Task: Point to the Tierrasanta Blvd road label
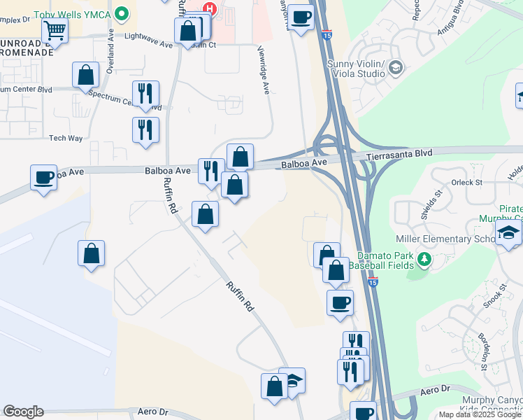tap(400, 153)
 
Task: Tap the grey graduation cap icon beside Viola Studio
tap(396, 67)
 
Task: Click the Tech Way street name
tap(66, 138)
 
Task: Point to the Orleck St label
tap(467, 183)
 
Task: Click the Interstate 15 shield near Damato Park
tap(373, 282)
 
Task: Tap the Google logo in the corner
tap(23, 412)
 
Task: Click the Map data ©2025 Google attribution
tap(480, 415)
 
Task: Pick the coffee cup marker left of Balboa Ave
tap(43, 178)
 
